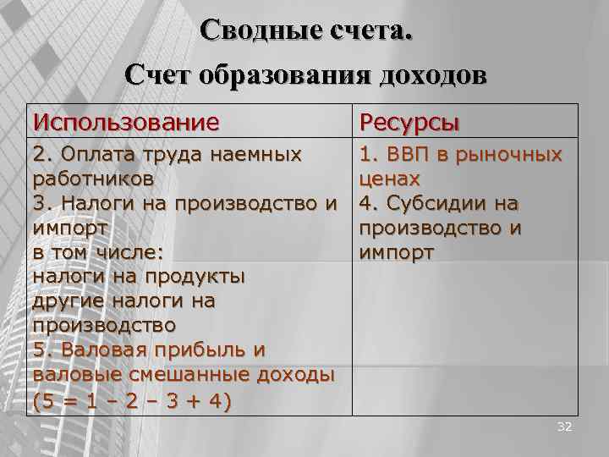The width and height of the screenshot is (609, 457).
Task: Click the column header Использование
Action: (125, 122)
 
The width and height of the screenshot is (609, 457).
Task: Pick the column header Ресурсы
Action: (409, 122)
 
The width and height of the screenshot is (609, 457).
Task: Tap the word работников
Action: (93, 179)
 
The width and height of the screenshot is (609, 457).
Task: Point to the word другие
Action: (69, 301)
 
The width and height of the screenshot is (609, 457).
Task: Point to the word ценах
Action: (390, 179)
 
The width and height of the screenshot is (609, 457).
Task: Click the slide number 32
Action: (564, 427)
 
